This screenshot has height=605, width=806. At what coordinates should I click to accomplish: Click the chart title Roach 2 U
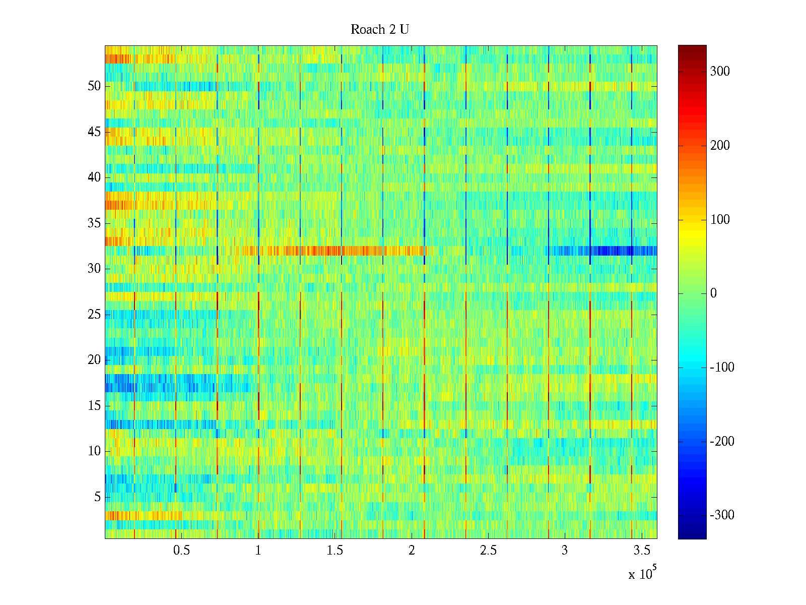pyautogui.click(x=379, y=30)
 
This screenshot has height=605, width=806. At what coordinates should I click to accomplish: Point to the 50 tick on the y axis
pyautogui.click(x=94, y=86)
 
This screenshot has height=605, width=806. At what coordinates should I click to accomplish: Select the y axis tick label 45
pyautogui.click(x=94, y=132)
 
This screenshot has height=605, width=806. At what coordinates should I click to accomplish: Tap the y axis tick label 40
pyautogui.click(x=94, y=177)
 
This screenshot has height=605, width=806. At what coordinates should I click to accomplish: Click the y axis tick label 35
pyautogui.click(x=94, y=223)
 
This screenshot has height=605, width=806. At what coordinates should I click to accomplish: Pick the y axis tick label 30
pyautogui.click(x=94, y=269)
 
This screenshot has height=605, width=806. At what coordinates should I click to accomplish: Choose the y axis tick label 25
pyautogui.click(x=94, y=315)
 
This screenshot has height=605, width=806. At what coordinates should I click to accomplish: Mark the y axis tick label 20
pyautogui.click(x=94, y=360)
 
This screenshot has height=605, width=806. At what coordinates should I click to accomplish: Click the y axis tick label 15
pyautogui.click(x=94, y=406)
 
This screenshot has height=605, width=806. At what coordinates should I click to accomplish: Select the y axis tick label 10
pyautogui.click(x=94, y=451)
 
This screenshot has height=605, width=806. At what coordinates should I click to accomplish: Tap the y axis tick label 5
pyautogui.click(x=97, y=497)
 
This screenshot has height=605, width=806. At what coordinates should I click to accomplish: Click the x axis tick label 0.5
pyautogui.click(x=181, y=551)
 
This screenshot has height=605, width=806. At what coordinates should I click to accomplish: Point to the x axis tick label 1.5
pyautogui.click(x=335, y=551)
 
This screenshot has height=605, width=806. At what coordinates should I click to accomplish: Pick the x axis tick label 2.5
pyautogui.click(x=488, y=551)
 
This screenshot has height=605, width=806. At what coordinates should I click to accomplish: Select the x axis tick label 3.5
pyautogui.click(x=642, y=551)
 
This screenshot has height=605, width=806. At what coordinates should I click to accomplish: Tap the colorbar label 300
pyautogui.click(x=720, y=72)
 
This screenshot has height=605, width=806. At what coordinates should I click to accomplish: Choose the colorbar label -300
pyautogui.click(x=722, y=515)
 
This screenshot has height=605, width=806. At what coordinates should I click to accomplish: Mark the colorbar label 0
pyautogui.click(x=713, y=293)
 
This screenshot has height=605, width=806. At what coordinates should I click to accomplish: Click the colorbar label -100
pyautogui.click(x=722, y=368)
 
